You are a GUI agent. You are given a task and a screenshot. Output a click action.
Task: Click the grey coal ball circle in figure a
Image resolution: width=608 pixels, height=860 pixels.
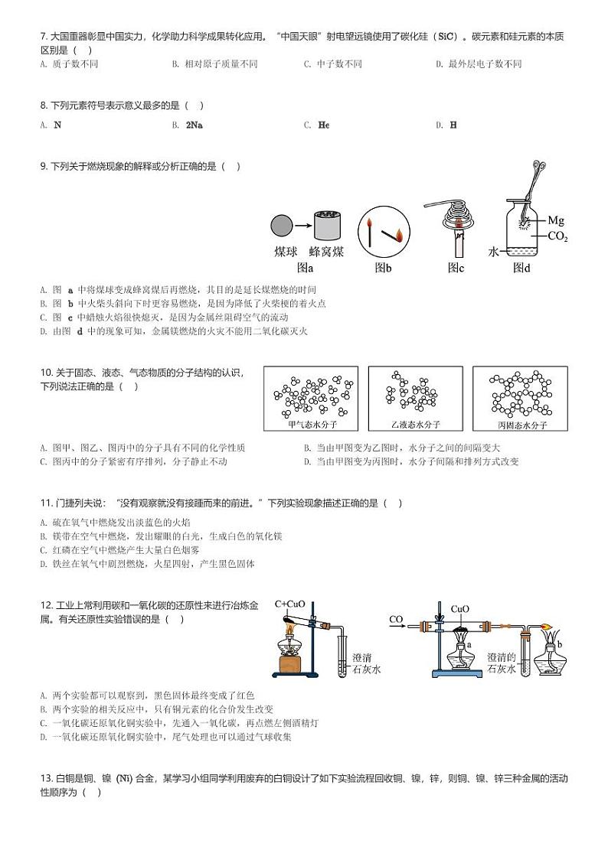(x=282, y=226)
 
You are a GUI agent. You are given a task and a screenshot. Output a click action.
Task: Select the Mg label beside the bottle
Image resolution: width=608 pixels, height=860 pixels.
(x=556, y=220)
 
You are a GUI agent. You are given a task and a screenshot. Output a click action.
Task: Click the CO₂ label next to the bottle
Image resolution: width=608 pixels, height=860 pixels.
(x=557, y=236)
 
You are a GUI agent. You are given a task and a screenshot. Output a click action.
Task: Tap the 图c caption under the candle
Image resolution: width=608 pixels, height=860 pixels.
(x=456, y=267)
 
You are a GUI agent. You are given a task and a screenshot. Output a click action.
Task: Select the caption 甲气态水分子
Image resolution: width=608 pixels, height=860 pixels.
(x=312, y=424)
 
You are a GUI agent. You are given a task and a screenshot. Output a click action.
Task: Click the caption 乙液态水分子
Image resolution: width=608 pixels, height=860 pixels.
(x=416, y=424)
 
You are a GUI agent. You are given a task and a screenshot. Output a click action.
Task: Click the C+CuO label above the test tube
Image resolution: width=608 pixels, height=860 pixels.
(x=289, y=604)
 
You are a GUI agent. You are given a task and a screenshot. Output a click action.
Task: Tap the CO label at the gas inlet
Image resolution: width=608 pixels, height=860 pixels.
(x=396, y=619)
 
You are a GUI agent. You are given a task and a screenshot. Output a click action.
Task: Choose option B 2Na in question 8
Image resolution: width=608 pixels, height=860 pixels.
(x=194, y=125)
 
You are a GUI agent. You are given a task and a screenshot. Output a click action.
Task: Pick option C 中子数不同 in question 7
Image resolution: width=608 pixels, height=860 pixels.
(x=332, y=64)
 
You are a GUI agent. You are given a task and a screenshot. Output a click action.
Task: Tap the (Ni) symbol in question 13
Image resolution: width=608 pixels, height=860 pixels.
(x=126, y=779)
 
